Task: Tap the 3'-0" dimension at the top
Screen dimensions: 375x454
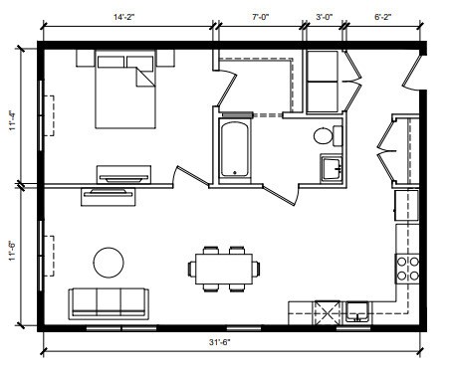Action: click(x=325, y=17)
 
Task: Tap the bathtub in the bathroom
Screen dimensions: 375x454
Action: click(x=235, y=149)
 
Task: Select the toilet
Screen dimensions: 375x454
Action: click(x=324, y=136)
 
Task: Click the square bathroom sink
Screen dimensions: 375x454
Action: click(x=331, y=169)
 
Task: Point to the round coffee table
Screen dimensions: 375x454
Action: click(x=108, y=263)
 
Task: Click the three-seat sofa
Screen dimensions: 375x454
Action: click(x=107, y=301)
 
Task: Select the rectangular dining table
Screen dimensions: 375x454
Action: click(x=223, y=268)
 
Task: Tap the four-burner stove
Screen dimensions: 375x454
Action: click(x=407, y=267)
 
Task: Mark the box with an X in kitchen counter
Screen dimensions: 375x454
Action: click(x=325, y=312)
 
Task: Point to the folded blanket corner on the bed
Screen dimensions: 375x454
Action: click(x=146, y=75)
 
